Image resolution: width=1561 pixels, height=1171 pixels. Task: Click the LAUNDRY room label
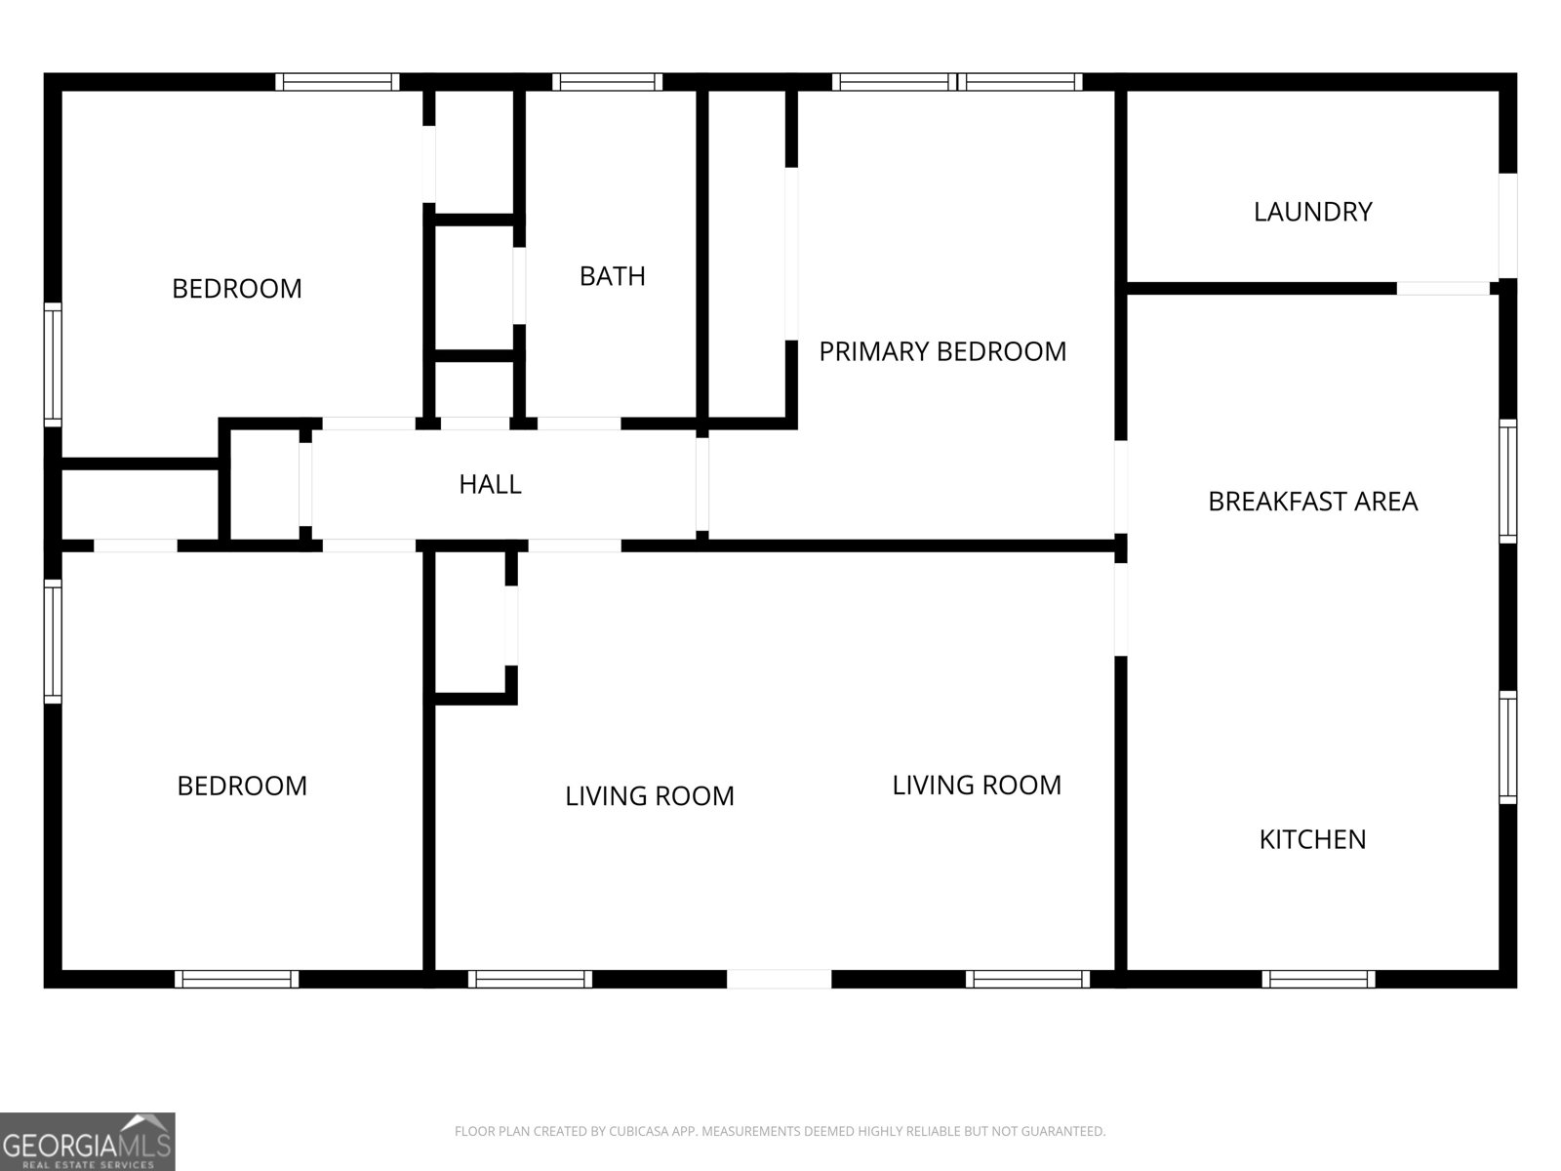point(1312,212)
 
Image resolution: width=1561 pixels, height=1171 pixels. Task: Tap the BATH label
point(613,276)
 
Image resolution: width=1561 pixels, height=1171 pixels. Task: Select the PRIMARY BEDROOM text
point(942,351)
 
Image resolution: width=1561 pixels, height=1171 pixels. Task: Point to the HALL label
point(490,484)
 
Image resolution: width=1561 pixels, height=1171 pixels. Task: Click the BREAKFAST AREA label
point(1312,502)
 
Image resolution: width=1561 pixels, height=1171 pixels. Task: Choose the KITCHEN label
point(1312,839)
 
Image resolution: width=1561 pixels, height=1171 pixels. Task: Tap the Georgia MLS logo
point(87,1141)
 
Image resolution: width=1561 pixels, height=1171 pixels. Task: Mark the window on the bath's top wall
point(607,82)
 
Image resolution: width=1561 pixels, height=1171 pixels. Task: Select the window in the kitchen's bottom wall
point(1318,979)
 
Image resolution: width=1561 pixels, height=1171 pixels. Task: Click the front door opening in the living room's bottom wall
point(779,979)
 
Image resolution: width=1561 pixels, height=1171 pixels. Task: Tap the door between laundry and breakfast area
point(1443,288)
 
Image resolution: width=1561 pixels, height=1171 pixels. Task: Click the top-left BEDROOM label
point(237,289)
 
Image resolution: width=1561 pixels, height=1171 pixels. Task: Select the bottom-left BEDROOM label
point(242,786)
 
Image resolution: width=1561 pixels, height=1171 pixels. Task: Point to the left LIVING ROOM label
point(650,796)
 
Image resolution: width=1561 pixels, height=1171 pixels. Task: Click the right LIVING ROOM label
point(977,785)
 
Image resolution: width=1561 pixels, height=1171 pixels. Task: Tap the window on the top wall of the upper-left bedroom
point(337,82)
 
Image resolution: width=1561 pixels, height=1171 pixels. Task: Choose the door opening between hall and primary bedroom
point(702,484)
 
